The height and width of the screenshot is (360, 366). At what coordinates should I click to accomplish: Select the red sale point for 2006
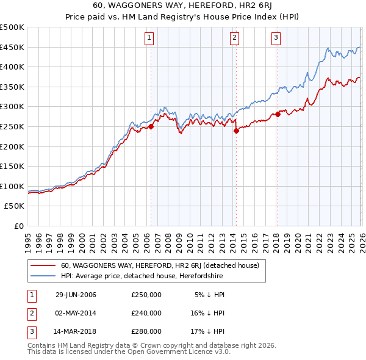151,127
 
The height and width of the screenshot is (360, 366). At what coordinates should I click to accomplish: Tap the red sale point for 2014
235,130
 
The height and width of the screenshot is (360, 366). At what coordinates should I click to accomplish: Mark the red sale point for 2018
278,114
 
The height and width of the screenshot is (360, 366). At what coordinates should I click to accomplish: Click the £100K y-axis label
12,186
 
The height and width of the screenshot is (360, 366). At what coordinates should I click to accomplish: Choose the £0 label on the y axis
18,226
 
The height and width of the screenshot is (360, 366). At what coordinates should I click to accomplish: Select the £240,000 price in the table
146,312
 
